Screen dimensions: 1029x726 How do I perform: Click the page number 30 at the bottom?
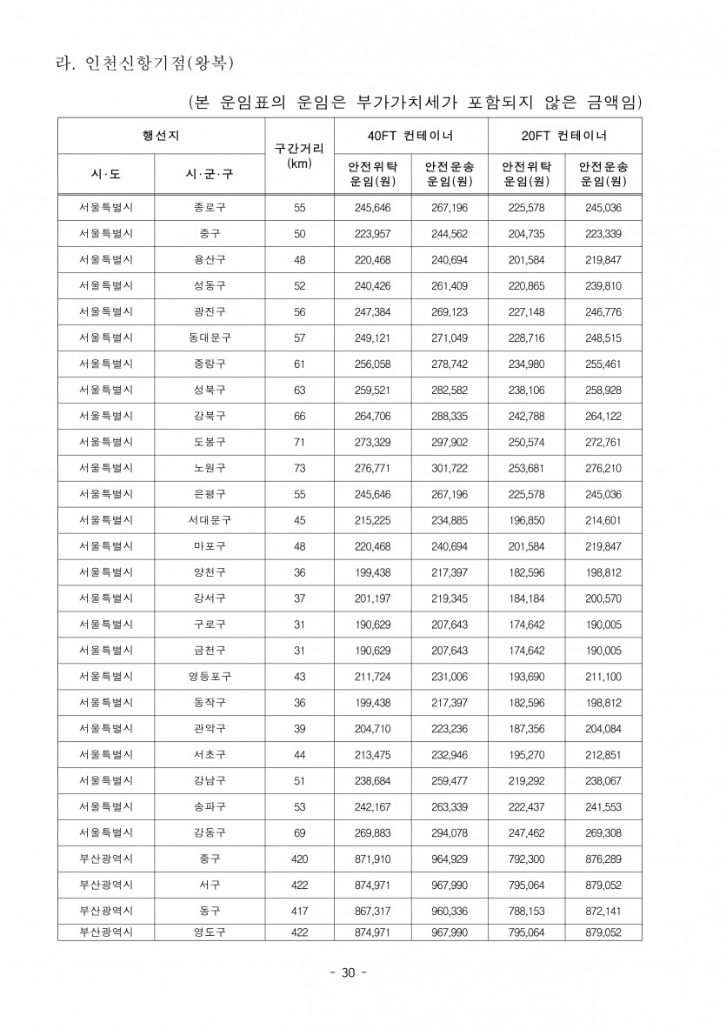(348, 972)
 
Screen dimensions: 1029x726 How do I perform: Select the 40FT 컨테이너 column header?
(410, 137)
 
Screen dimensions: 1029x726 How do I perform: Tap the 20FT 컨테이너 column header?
(565, 137)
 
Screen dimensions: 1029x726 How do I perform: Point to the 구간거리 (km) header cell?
(298, 156)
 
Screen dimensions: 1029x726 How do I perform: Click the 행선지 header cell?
(161, 136)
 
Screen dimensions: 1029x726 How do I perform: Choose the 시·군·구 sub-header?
(210, 175)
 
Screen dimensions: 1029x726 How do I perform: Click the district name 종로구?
(210, 208)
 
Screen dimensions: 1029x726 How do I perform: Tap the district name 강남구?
(210, 780)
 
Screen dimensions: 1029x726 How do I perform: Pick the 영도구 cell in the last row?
(210, 932)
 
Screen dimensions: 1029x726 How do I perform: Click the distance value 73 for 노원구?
(299, 468)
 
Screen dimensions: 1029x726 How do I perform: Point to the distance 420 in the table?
(299, 859)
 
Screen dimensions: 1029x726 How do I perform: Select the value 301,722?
(450, 468)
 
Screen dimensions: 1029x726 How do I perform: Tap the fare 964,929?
(450, 859)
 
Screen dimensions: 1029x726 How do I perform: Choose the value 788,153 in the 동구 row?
(526, 911)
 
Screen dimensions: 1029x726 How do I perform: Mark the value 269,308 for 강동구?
(603, 832)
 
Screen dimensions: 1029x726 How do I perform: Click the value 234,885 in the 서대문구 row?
(450, 520)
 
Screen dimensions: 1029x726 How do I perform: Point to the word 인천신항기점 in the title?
(140, 63)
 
